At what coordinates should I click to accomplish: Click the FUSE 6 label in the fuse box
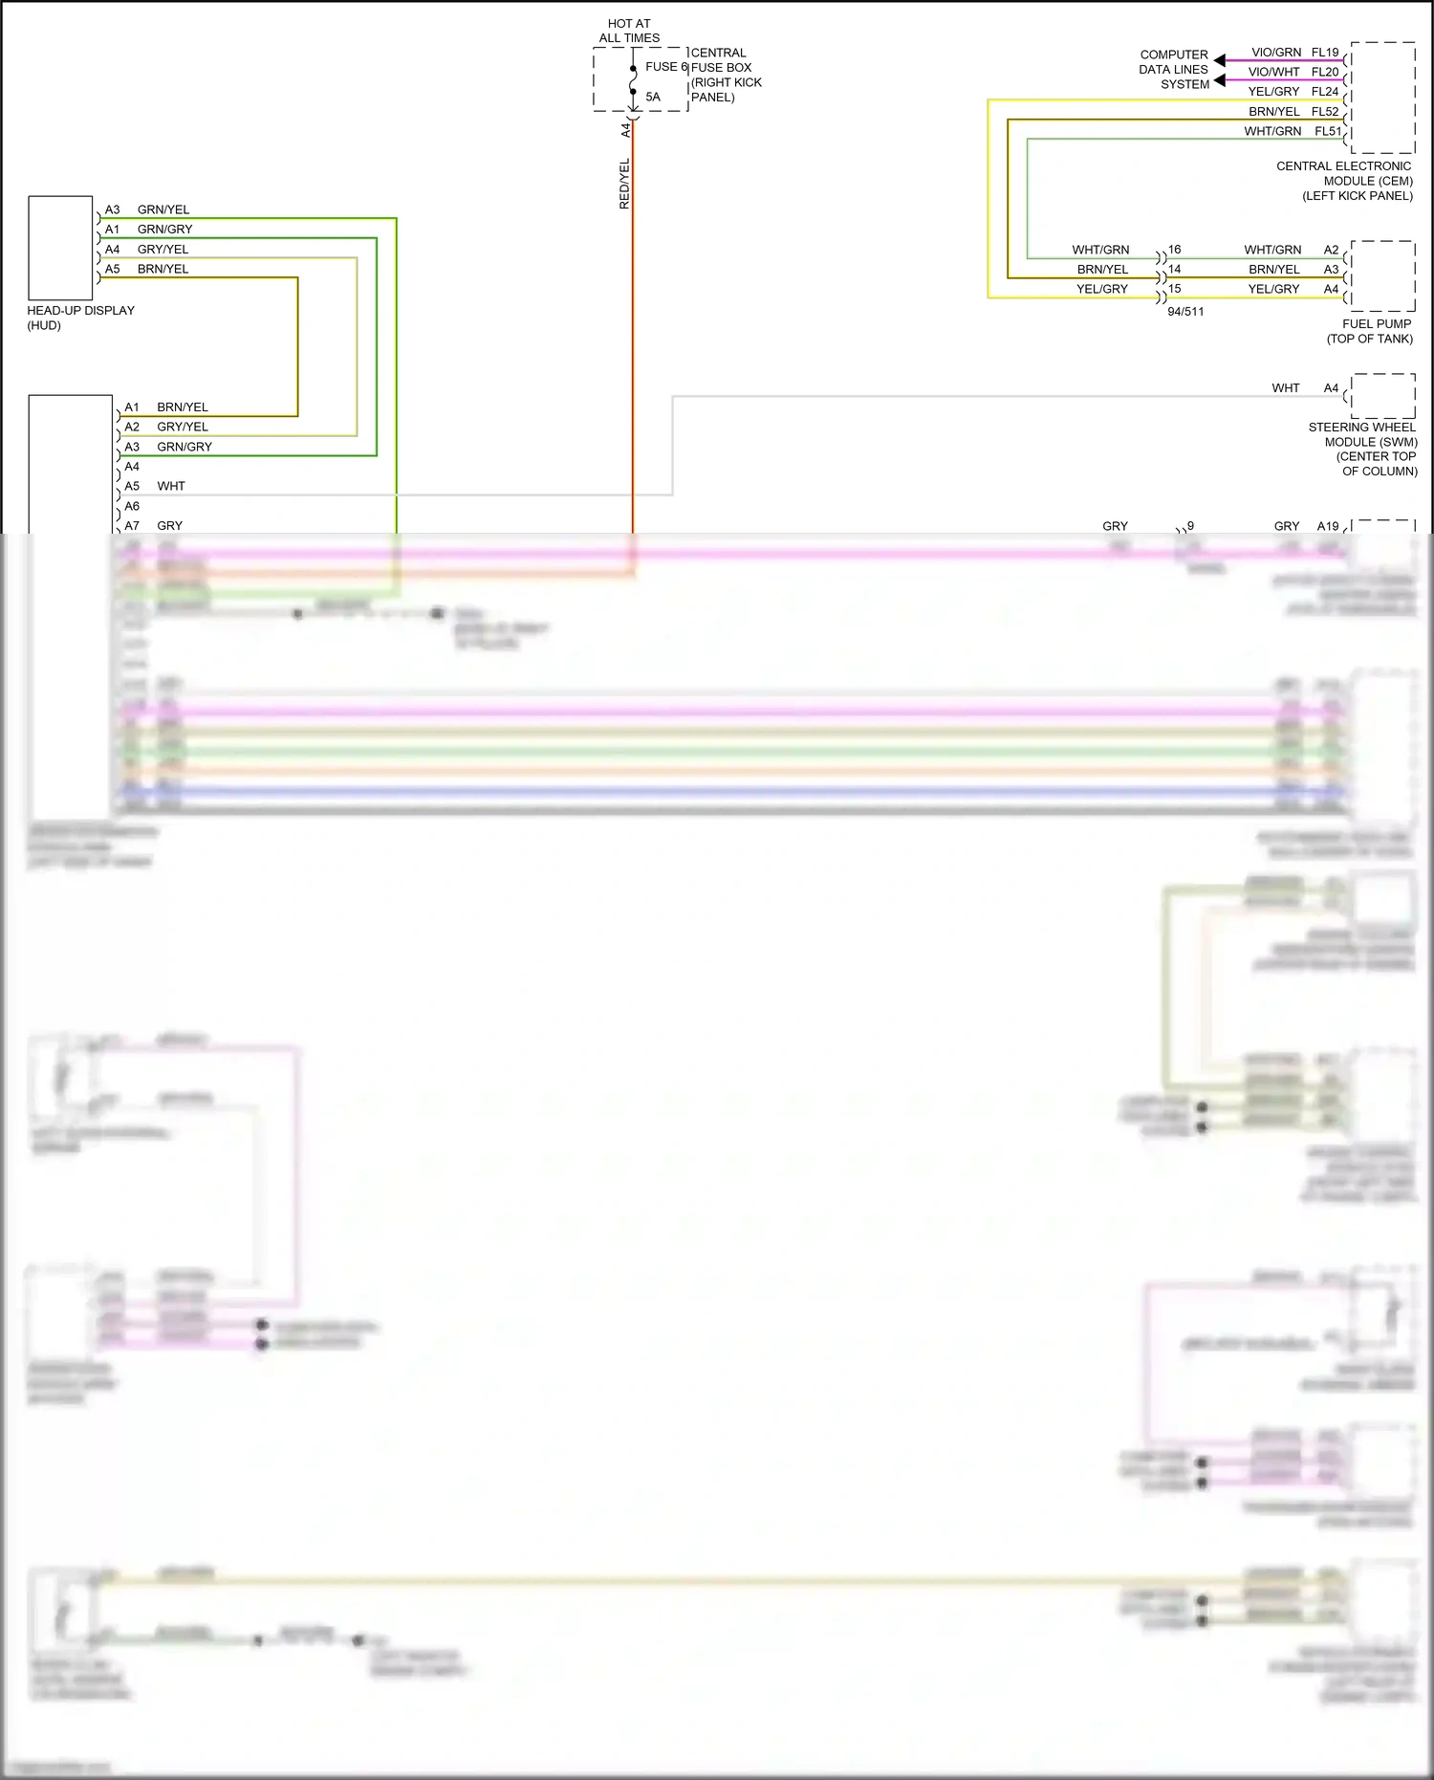tap(665, 67)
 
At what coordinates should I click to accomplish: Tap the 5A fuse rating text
tap(653, 97)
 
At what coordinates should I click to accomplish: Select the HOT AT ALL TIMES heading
tap(629, 31)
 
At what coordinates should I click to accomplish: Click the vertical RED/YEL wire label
tap(624, 184)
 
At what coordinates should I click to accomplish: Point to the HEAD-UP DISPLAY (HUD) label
tap(80, 318)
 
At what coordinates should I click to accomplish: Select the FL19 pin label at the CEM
tap(1325, 53)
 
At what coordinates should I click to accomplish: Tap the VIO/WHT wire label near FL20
tap(1273, 72)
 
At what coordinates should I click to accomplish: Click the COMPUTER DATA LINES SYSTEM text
tap(1174, 70)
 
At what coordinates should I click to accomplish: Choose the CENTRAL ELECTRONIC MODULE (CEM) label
tap(1344, 181)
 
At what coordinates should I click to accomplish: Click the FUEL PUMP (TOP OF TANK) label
tap(1370, 331)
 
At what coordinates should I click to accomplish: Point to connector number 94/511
tap(1185, 312)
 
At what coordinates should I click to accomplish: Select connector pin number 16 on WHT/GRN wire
tap(1175, 250)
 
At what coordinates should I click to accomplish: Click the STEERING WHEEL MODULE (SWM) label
tap(1363, 450)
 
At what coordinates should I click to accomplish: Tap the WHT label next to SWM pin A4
tap(1285, 388)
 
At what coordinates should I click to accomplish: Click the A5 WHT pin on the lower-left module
tap(132, 486)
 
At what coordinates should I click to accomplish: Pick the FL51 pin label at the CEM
tap(1327, 131)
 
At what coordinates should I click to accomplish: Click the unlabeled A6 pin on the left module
tap(132, 506)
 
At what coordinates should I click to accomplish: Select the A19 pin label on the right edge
tap(1327, 526)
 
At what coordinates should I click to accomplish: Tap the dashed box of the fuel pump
tap(1381, 275)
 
